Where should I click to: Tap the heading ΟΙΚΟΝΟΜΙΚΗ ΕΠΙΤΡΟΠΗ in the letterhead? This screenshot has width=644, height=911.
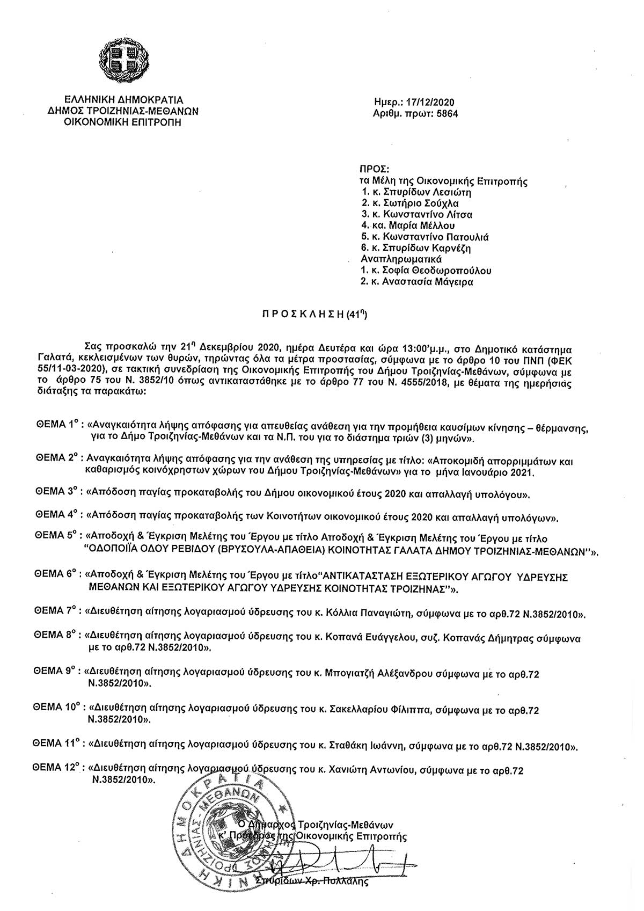(123, 122)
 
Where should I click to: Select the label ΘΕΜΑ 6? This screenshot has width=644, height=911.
(56, 574)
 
